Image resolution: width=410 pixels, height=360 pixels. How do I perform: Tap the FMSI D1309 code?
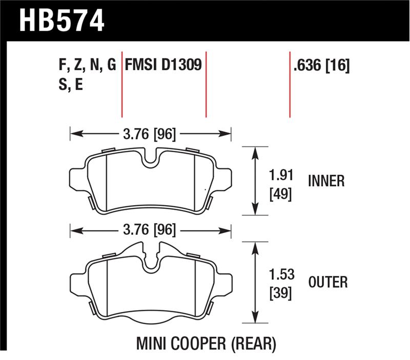[162, 65]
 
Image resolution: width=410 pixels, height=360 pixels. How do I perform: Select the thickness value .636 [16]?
[321, 65]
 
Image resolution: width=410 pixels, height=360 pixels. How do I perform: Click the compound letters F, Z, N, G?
[88, 65]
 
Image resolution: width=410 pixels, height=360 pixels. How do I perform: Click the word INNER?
[326, 181]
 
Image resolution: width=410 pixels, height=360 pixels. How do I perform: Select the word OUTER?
[328, 282]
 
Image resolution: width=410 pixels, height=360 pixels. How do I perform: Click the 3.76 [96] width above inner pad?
[150, 134]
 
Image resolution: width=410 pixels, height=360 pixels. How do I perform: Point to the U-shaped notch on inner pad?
[151, 158]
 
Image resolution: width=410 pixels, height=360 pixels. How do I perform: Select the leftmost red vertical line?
[122, 85]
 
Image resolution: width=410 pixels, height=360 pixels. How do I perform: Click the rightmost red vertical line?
[290, 85]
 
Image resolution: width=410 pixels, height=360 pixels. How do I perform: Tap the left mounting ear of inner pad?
[75, 177]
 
